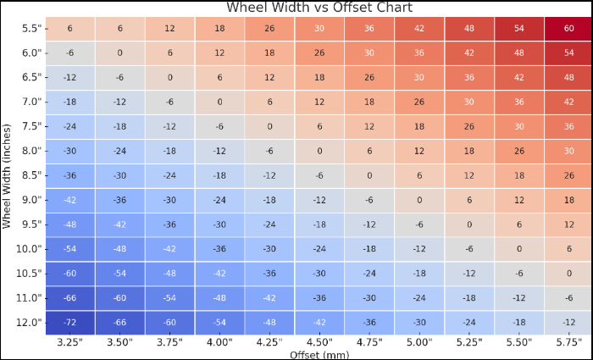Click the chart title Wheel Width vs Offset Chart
[319, 8]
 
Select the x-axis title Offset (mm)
[319, 355]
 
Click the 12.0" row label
[30, 323]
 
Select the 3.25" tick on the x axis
[69, 342]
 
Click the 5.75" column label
[568, 342]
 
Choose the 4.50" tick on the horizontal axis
[319, 342]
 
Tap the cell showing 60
[568, 28]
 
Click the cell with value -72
[69, 323]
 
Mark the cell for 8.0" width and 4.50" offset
[319, 151]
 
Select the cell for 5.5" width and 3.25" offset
[69, 28]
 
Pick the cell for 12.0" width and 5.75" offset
[568, 323]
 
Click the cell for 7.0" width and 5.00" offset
[419, 102]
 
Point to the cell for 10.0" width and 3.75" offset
[169, 249]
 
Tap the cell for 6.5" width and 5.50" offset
[518, 77]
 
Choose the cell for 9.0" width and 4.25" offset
[269, 200]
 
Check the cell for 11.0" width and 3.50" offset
[119, 298]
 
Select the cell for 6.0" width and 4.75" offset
[369, 53]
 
